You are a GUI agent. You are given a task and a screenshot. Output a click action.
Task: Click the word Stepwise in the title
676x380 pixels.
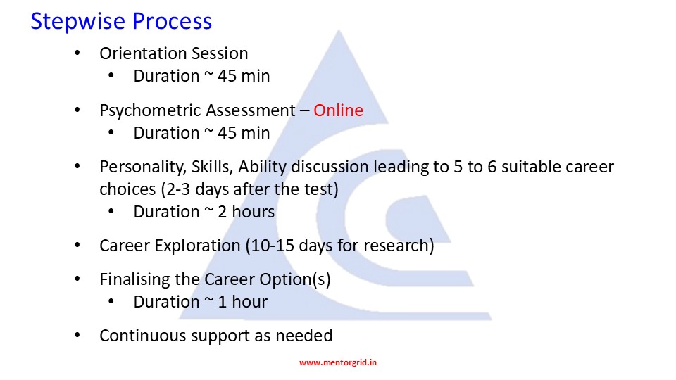pos(77,22)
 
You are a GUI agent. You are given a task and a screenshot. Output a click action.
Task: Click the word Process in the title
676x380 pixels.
pos(172,20)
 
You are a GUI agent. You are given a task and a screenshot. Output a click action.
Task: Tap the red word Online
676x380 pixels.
pos(339,110)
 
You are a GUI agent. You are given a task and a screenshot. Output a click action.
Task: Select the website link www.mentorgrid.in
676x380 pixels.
pos(338,362)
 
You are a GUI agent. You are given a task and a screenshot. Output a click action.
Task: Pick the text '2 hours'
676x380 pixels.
pos(246,212)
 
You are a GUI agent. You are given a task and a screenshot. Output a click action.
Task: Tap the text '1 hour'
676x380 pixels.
pos(243,302)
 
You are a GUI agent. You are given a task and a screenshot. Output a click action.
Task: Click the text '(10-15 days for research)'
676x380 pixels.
pos(339,246)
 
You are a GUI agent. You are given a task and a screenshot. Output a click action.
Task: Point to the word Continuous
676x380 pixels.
pos(142,336)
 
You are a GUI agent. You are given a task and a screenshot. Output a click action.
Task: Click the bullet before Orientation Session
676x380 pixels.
pos(77,53)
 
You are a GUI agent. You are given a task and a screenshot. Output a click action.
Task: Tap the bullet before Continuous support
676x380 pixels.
pos(77,336)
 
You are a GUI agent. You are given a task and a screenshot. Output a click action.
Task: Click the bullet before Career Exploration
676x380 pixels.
pos(77,246)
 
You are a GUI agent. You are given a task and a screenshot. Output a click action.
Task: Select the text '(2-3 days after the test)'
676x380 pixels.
pos(249,189)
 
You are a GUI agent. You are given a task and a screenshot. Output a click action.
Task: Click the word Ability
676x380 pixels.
pos(262,167)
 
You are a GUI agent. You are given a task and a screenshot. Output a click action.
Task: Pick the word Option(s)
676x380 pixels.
pos(295,279)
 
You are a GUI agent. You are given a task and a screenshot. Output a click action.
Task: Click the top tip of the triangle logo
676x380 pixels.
pos(339,30)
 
